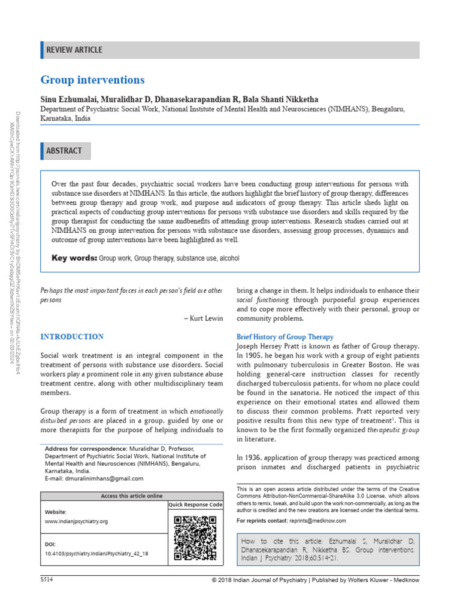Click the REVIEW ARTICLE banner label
(74, 50)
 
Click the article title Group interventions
(92, 80)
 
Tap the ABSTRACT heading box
(64, 151)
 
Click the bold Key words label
(74, 258)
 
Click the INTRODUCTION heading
(72, 337)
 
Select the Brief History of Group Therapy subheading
(285, 337)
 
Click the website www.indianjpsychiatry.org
(77, 521)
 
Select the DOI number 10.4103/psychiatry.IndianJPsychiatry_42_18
(96, 554)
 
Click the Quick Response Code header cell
(195, 505)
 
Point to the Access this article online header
(131, 496)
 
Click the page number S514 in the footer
(47, 581)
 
